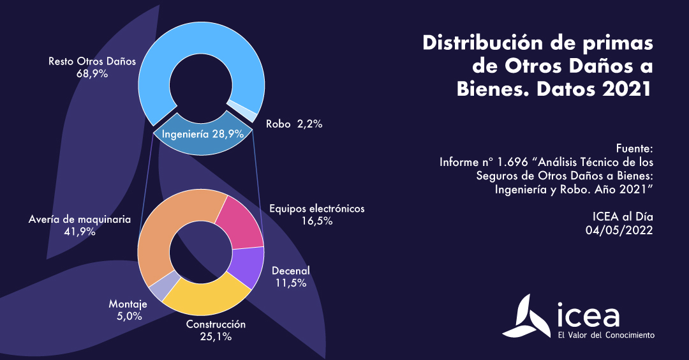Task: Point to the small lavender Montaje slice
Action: coord(157,285)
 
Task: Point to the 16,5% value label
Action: coord(316,221)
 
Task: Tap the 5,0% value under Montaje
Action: coord(128,316)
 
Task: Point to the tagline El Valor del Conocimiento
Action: coord(605,335)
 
